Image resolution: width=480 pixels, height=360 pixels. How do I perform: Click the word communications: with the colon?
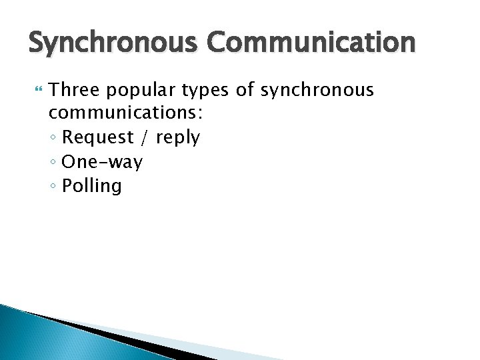(127, 114)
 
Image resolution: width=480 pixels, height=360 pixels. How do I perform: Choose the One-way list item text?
(102, 162)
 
